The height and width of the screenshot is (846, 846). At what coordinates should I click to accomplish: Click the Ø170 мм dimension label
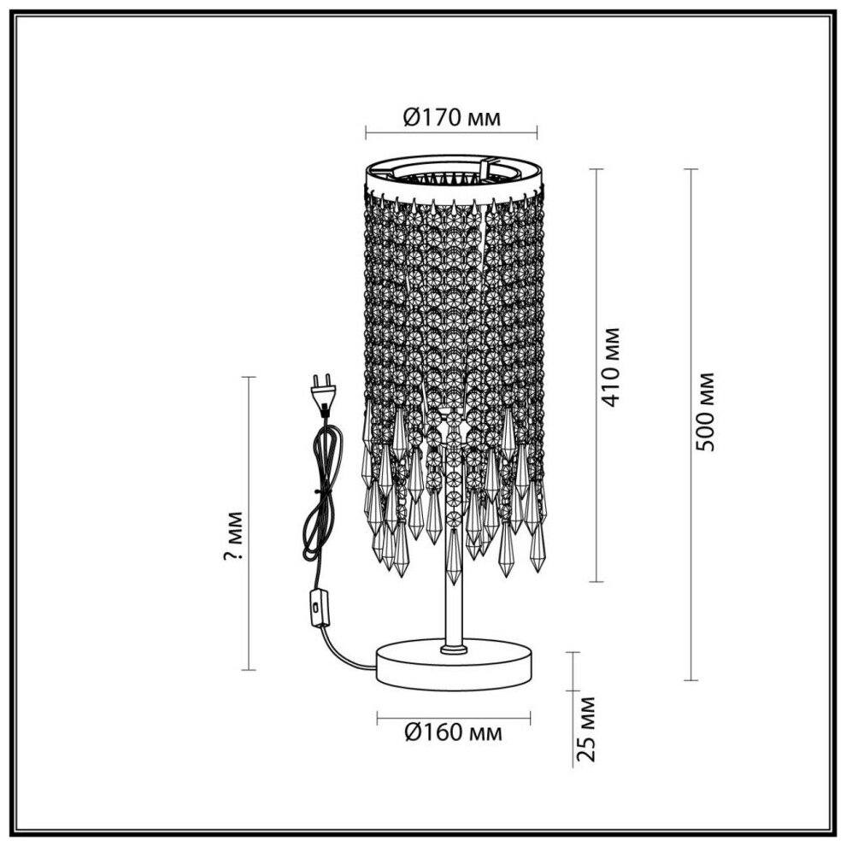(451, 117)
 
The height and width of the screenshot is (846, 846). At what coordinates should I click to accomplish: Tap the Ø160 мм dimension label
(451, 732)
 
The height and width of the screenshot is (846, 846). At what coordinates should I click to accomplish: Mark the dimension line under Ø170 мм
(451, 133)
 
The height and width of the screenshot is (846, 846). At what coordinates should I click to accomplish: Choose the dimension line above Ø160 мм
(451, 714)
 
